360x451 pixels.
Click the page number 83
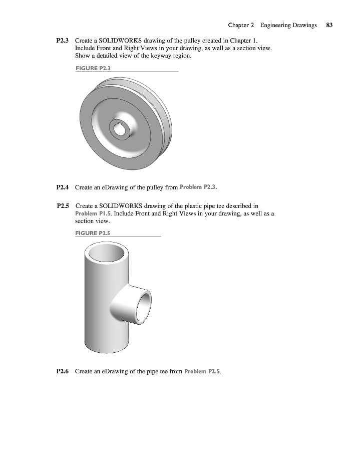(x=329, y=25)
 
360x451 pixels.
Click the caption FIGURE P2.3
(x=93, y=68)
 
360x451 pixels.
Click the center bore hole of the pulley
(x=119, y=131)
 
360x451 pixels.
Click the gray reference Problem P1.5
(x=93, y=213)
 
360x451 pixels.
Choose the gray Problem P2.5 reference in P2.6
(x=202, y=372)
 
